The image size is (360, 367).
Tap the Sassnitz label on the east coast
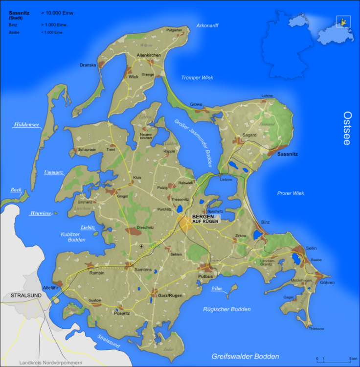287,154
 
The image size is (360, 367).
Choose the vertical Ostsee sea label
347,129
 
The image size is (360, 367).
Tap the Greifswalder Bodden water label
246,356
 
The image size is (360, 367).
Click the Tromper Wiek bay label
197,78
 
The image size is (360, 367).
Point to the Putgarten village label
174,30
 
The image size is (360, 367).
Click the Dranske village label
88,65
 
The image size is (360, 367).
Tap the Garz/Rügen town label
170,296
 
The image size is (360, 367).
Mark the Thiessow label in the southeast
316,329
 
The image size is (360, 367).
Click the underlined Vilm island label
216,289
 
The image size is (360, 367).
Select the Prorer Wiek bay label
291,193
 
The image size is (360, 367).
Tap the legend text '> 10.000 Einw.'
61,13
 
